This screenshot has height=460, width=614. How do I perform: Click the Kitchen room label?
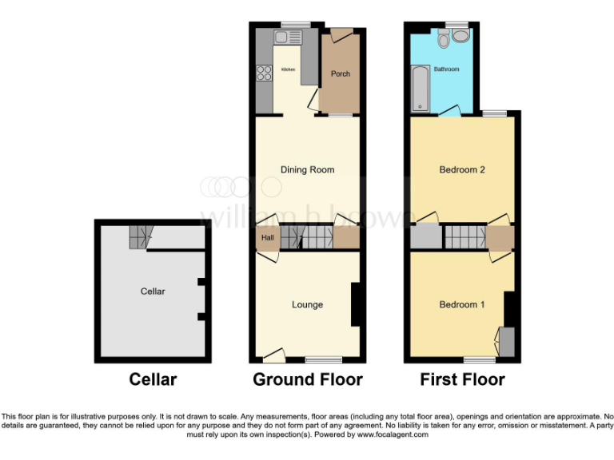(288, 70)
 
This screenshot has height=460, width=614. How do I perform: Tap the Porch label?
(341, 74)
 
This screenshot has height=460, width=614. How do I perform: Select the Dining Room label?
(307, 169)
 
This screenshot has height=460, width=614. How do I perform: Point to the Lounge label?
(307, 304)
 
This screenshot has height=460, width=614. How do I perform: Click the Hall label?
(267, 238)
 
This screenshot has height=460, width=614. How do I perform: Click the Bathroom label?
(447, 69)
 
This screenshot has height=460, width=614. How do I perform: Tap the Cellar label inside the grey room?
(153, 291)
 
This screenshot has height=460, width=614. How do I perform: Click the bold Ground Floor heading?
(308, 379)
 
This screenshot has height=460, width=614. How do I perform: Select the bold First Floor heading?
(463, 379)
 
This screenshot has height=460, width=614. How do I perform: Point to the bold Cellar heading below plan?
(153, 379)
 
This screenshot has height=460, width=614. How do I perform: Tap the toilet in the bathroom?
(460, 36)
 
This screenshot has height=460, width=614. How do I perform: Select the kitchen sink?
(286, 37)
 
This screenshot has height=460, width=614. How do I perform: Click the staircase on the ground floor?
(305, 237)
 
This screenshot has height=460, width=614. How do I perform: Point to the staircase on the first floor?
(464, 237)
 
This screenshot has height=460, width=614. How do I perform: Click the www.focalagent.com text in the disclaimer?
(393, 435)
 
